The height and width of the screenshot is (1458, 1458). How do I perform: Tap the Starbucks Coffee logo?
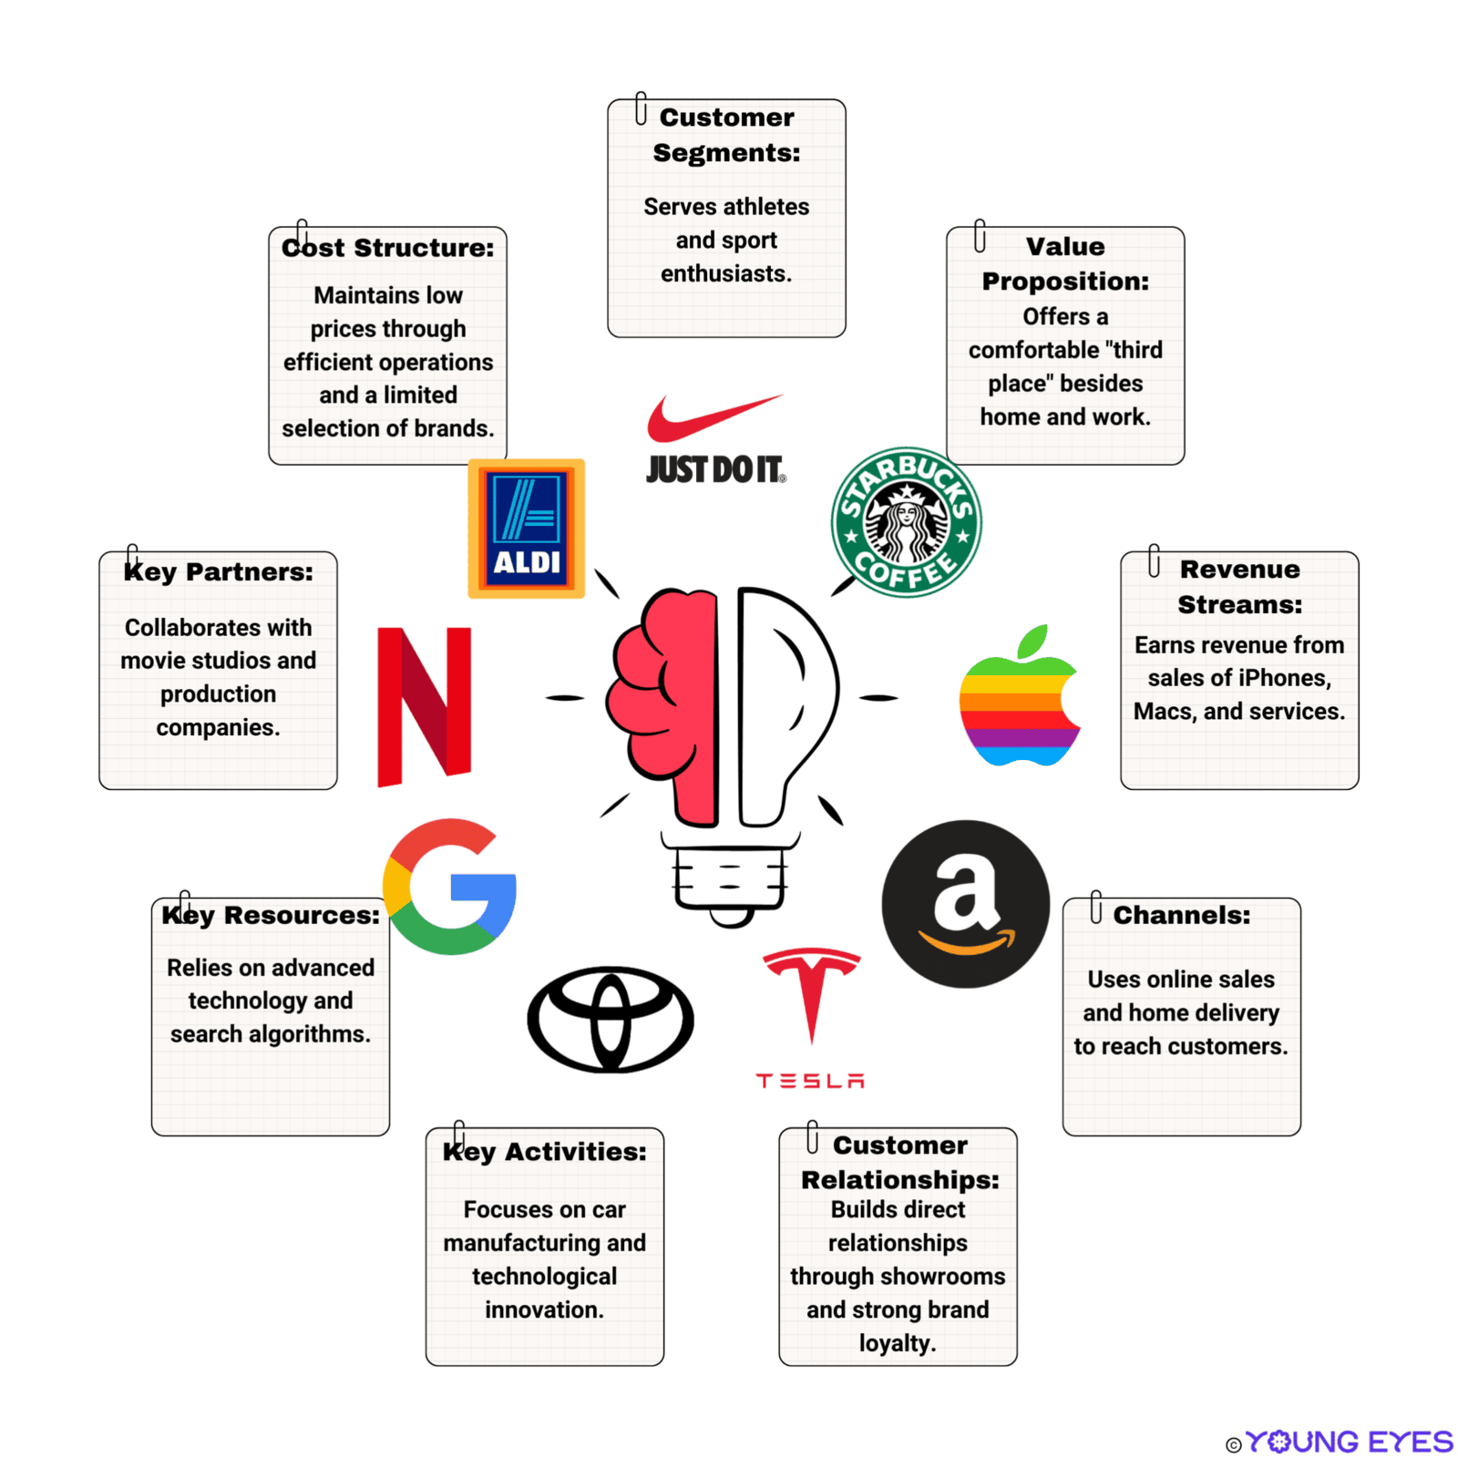(906, 522)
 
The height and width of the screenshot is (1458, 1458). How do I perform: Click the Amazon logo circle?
(966, 904)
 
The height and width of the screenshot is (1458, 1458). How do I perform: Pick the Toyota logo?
(611, 1020)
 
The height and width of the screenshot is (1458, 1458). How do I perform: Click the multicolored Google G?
(450, 887)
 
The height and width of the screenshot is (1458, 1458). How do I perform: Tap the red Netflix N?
(424, 706)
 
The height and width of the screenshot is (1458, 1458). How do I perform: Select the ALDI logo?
(526, 529)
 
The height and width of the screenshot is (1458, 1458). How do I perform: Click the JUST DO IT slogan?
(715, 470)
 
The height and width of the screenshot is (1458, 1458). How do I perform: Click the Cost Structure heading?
(388, 248)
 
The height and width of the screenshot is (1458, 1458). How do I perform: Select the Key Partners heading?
(219, 572)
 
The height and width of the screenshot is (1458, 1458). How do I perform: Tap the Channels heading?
(1181, 915)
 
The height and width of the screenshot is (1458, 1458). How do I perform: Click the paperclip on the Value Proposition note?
(980, 235)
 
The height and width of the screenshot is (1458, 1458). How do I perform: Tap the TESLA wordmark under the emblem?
(810, 1081)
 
